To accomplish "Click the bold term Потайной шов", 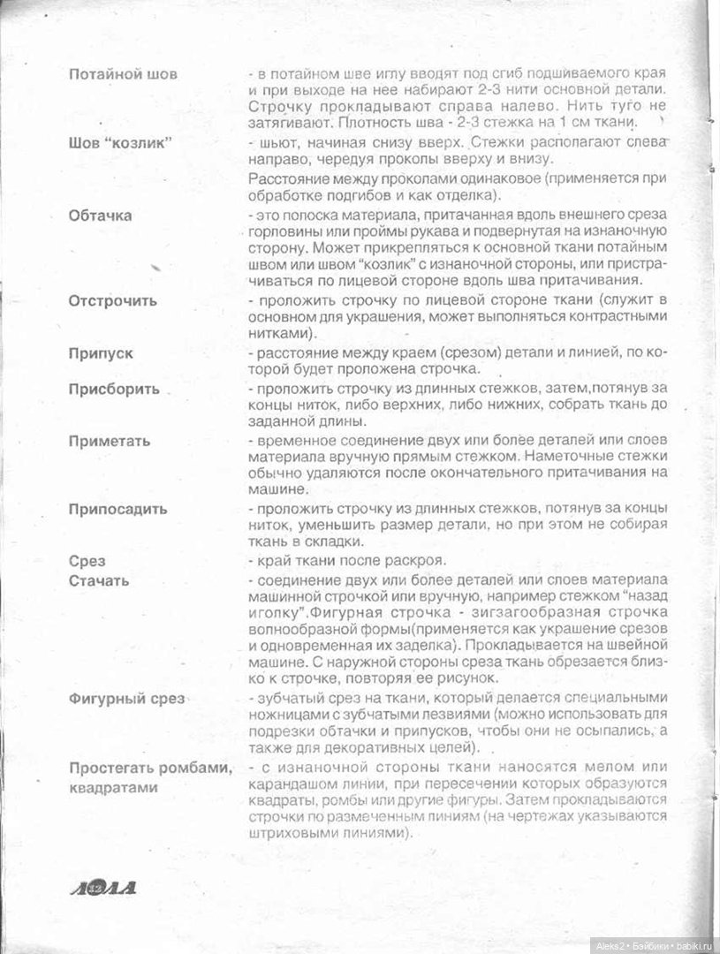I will (123, 74).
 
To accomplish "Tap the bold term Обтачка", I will (101, 216).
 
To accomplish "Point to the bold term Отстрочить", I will (113, 300).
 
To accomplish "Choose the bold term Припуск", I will (102, 352).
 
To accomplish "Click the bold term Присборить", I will (114, 389).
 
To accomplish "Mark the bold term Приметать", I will (110, 441).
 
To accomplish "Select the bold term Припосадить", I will (117, 510).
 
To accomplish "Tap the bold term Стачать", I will (99, 580).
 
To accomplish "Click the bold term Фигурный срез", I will (126, 699).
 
